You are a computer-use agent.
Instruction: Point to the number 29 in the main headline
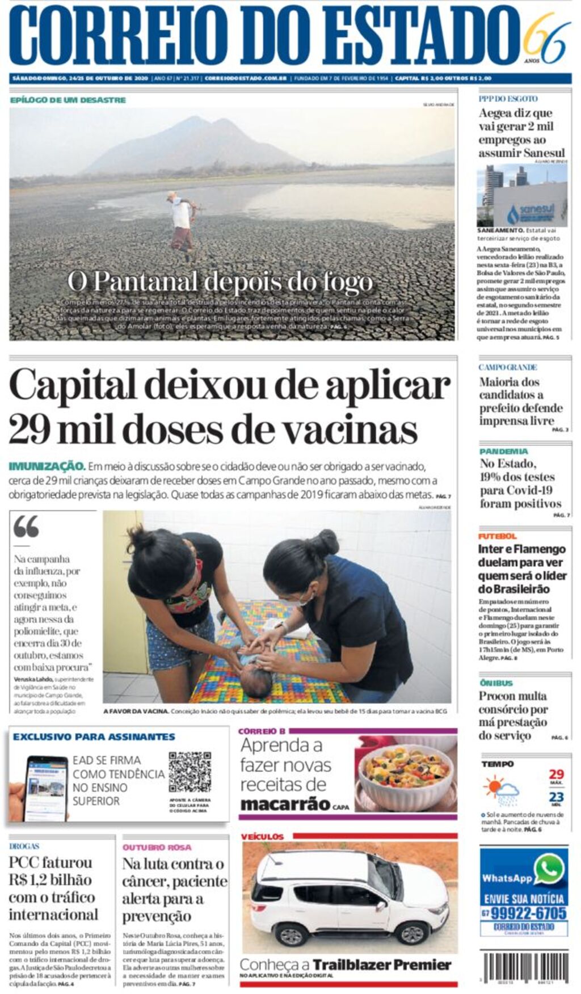pos(29,429)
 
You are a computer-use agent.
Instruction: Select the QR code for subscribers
pos(190,772)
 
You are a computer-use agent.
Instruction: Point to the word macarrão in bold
pos(285,804)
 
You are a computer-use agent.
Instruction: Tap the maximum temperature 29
pos(556,774)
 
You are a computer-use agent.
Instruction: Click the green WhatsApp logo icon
pos(549,869)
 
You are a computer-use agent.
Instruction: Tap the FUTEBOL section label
pos(497,536)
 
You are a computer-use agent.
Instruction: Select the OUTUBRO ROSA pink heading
pos(157,847)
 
